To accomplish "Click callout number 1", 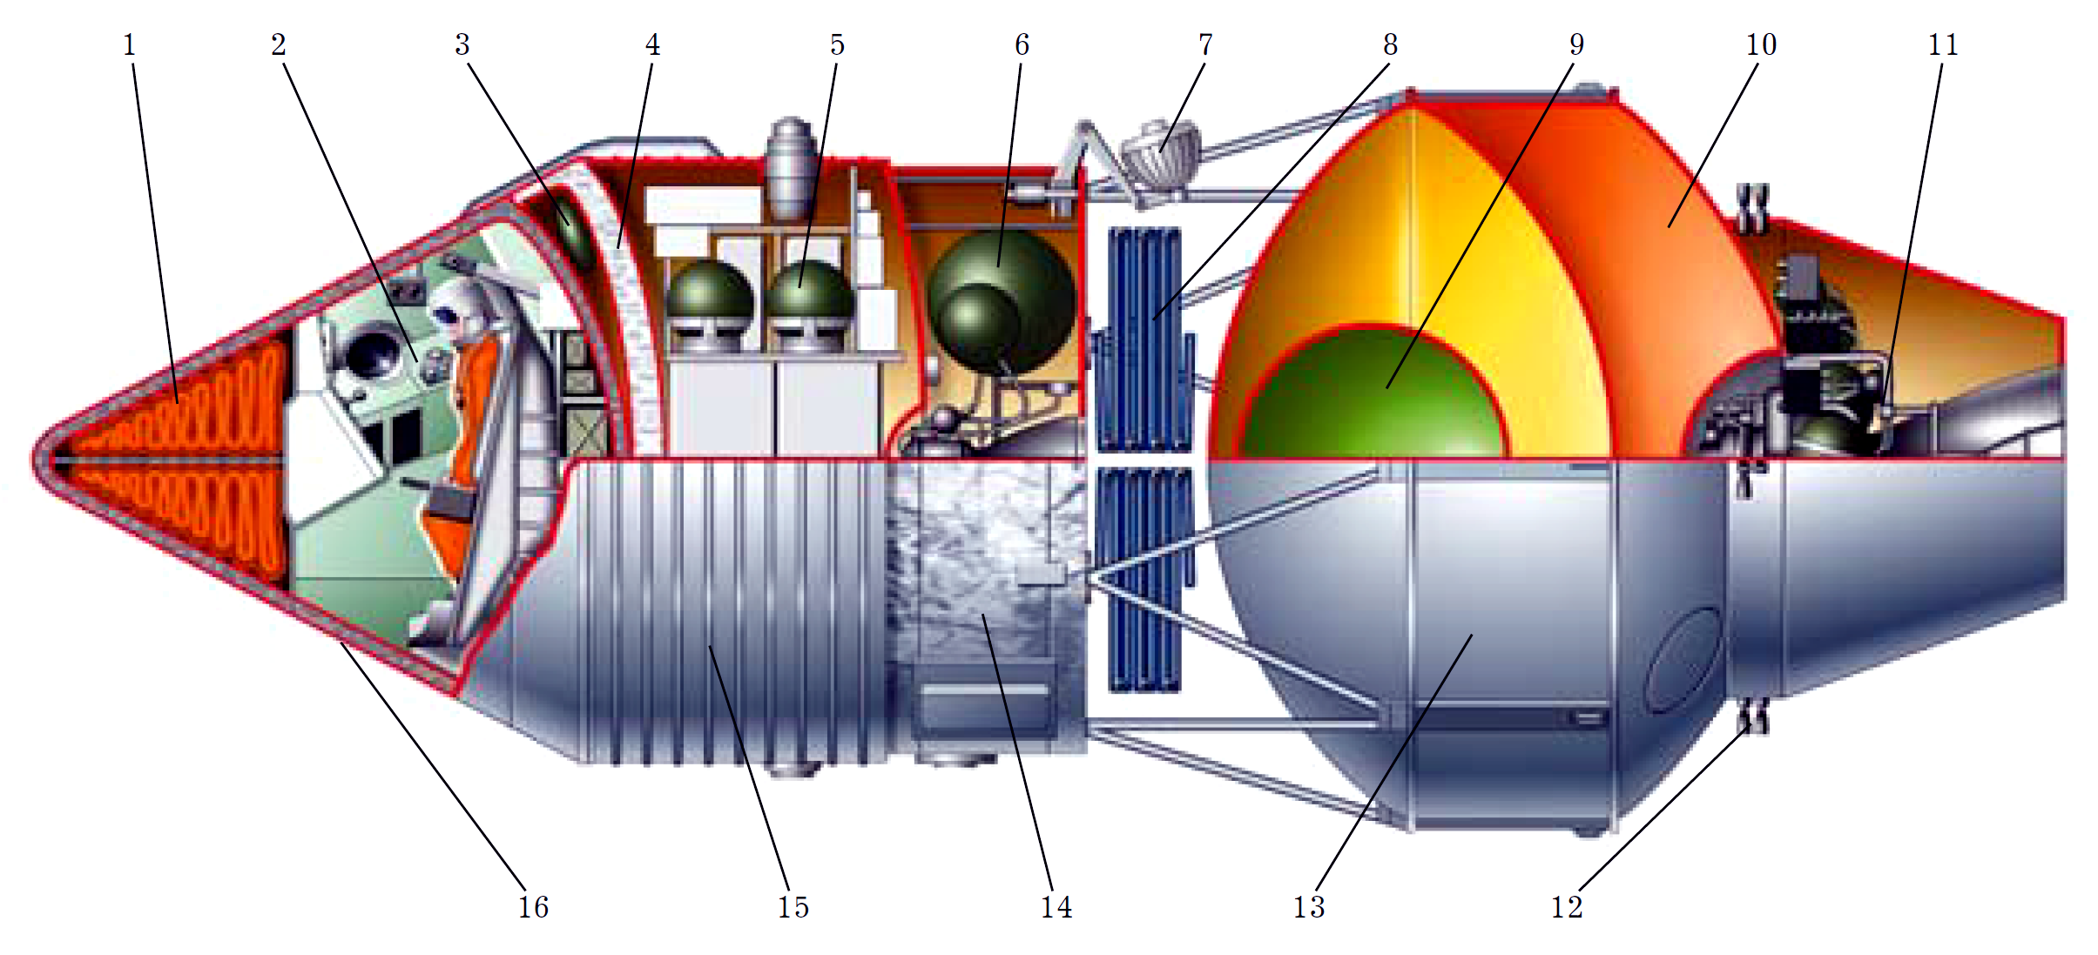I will coord(130,45).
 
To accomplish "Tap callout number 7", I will coord(1205,45).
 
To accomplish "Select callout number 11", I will coord(1943,45).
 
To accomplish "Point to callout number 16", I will coord(533,908).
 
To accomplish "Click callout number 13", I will coord(1308,908).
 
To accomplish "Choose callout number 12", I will coord(1566,908).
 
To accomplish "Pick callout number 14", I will coord(1056,908).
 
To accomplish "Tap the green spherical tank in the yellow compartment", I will coord(1373,396).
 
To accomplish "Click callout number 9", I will coord(1576,45).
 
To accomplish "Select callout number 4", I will coord(652,45).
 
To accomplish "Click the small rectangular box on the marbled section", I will coord(1041,574).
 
